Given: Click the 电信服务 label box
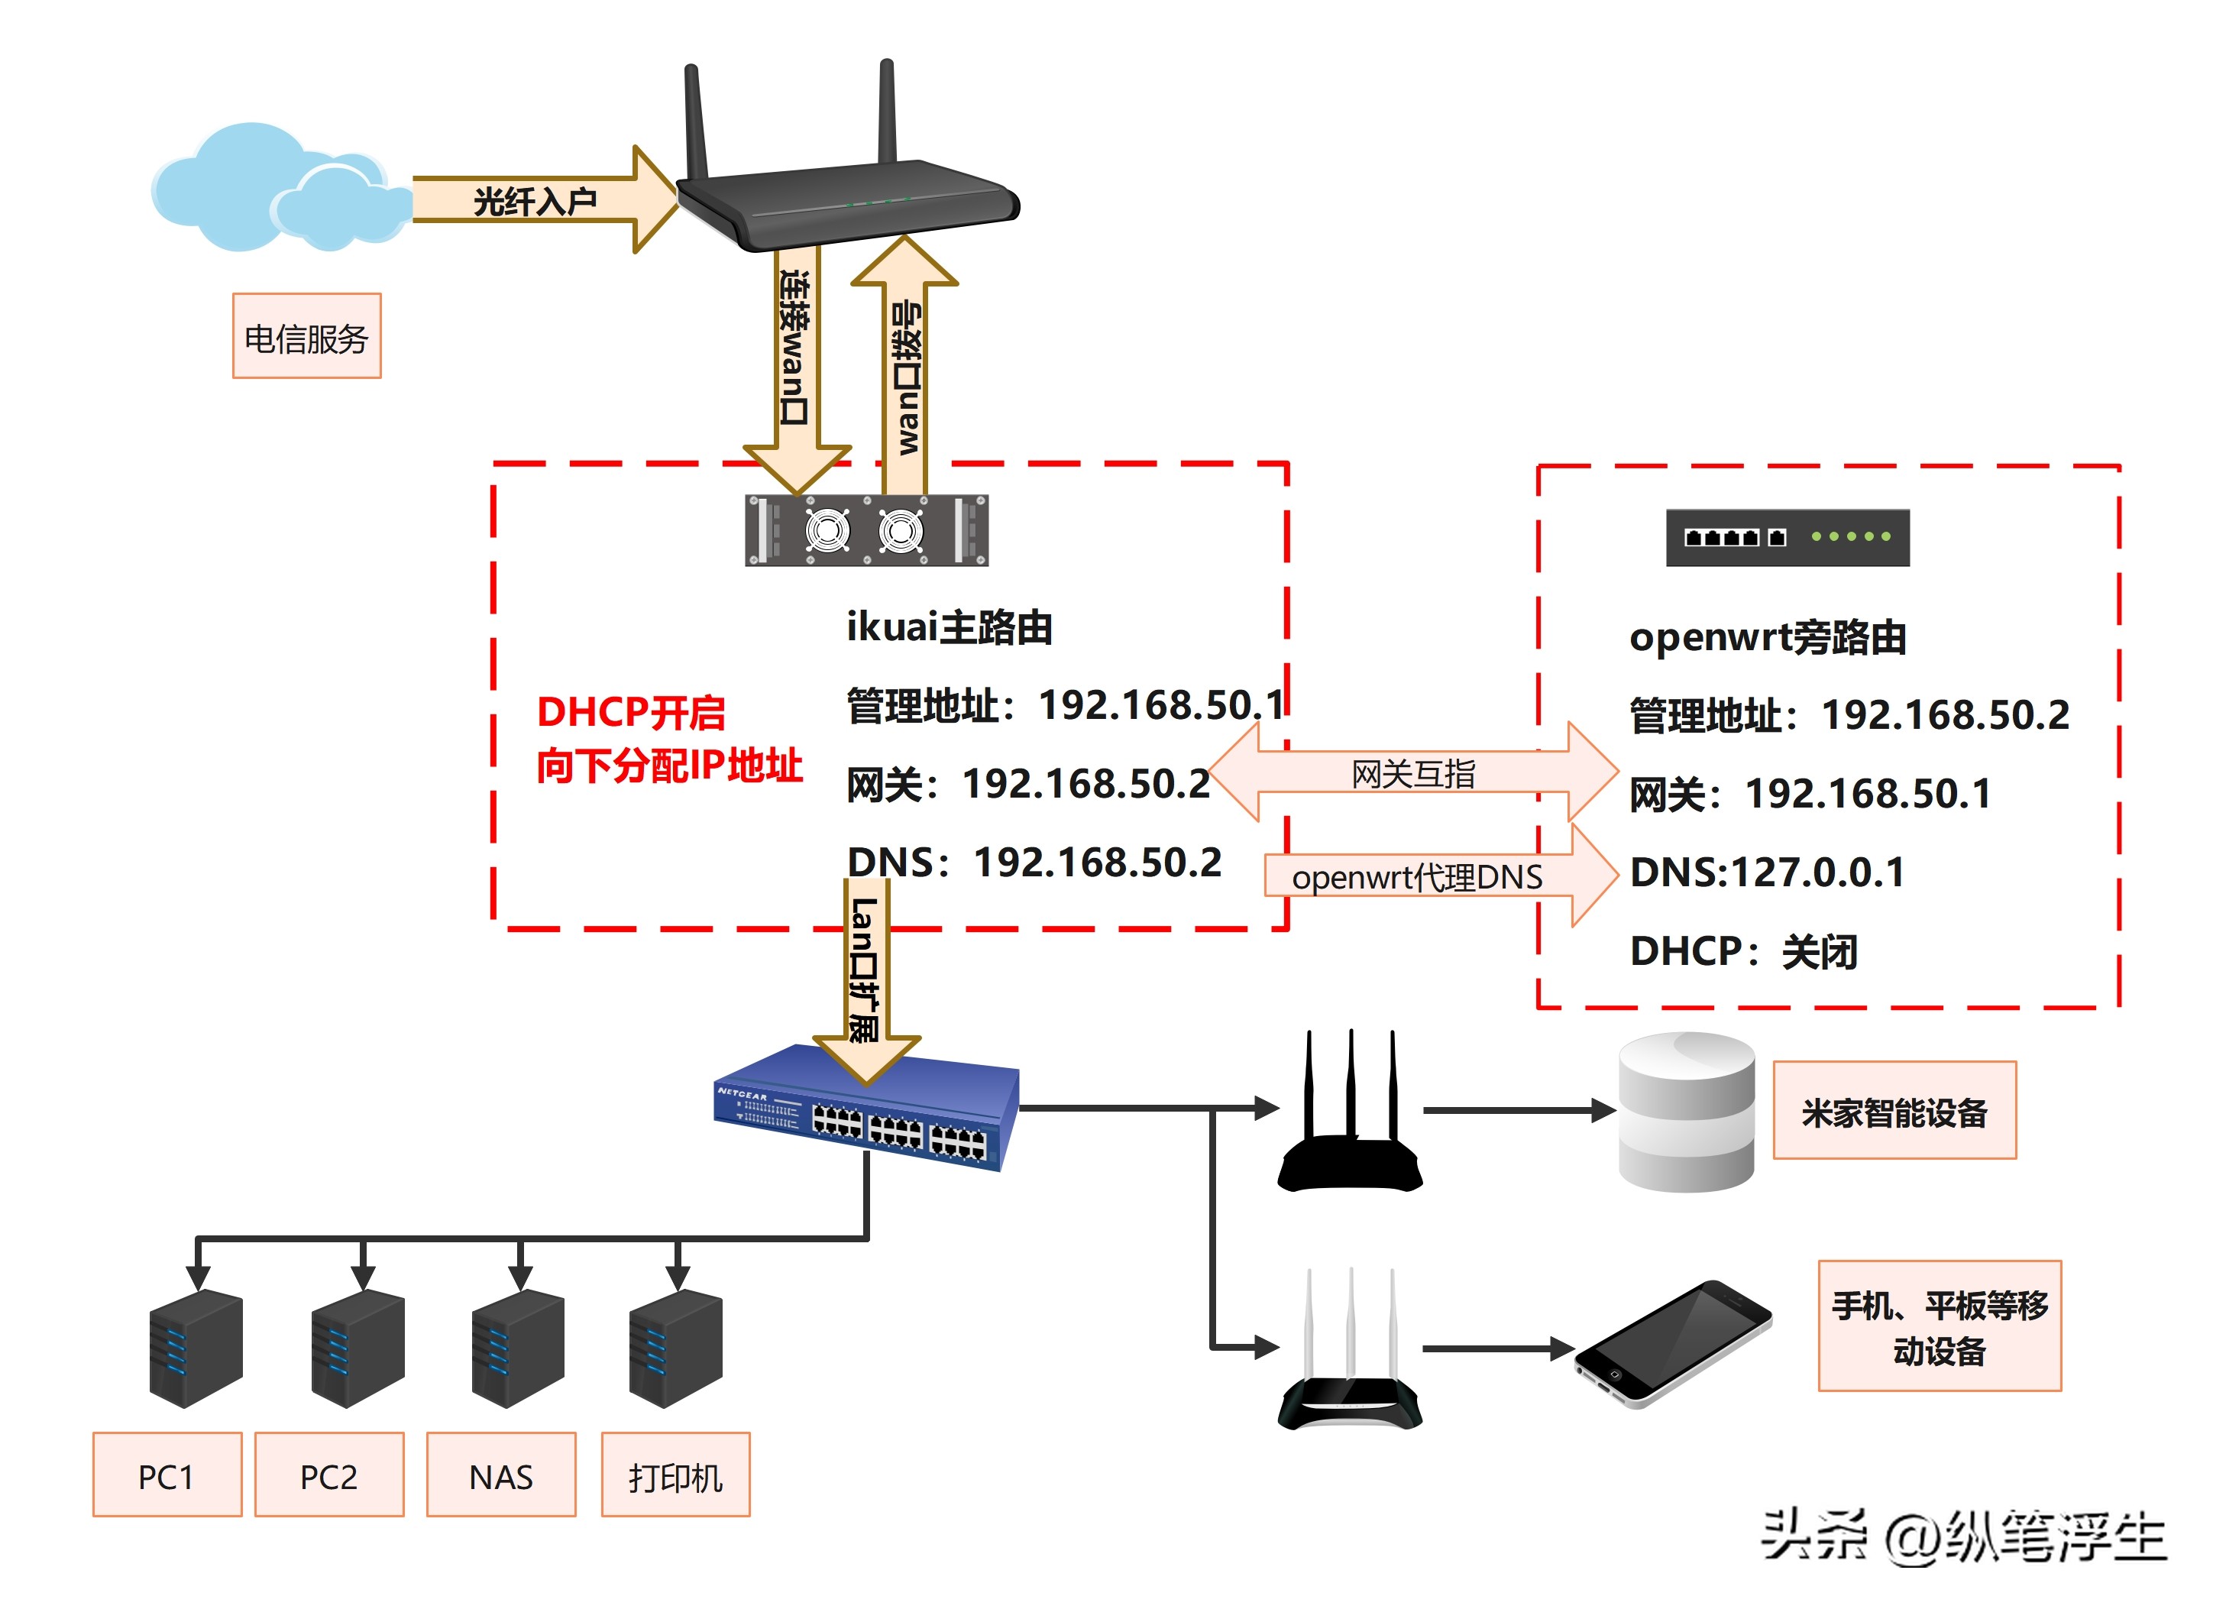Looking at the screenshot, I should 306,337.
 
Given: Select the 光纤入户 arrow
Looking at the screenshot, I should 537,200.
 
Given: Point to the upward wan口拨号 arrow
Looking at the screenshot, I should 904,371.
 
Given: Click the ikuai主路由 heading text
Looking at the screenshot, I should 949,627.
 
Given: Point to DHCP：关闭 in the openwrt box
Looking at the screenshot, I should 1742,951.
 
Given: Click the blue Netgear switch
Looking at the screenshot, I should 866,1112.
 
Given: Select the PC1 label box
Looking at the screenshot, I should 167,1475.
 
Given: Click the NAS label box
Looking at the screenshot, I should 500,1475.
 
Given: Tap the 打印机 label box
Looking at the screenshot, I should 675,1475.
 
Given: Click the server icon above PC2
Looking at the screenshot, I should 358,1348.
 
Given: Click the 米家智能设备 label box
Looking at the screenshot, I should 1893,1112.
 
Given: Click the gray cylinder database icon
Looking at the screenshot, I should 1685,1112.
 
